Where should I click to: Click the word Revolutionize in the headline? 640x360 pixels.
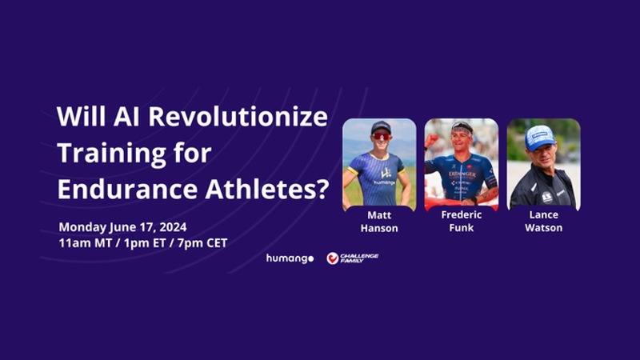coord(238,116)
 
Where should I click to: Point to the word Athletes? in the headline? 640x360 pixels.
coord(267,189)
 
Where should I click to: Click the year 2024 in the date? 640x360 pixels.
coord(173,227)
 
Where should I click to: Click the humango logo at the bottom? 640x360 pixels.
coord(290,258)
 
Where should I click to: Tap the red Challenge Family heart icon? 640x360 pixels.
coord(332,258)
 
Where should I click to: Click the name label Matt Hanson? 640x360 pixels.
coord(379,222)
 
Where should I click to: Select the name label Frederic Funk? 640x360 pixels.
coord(462,222)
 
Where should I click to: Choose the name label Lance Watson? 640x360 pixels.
coord(544,222)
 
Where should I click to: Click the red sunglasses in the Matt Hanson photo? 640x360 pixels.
coord(381,136)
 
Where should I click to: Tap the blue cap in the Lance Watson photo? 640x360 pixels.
coord(539,137)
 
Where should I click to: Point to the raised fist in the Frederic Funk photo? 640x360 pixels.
coord(430,141)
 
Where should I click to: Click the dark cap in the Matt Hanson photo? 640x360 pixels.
coord(381,127)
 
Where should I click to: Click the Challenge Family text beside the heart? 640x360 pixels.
coord(359,258)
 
